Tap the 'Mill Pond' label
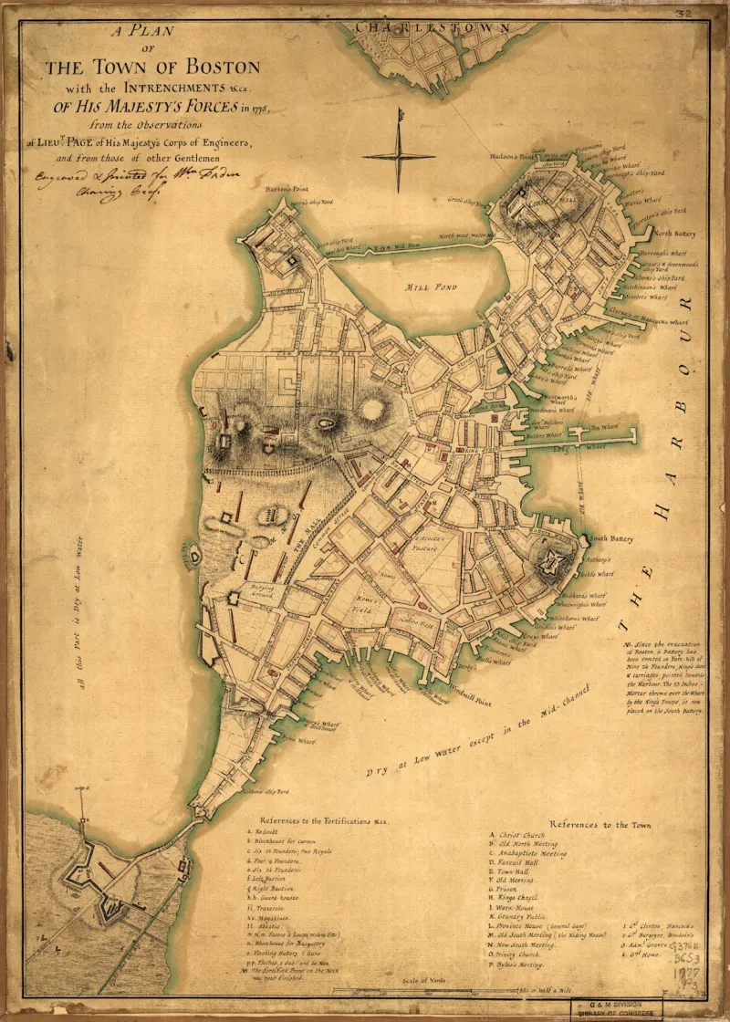[429, 286]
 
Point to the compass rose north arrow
[400, 119]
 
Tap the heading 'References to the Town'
[600, 824]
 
